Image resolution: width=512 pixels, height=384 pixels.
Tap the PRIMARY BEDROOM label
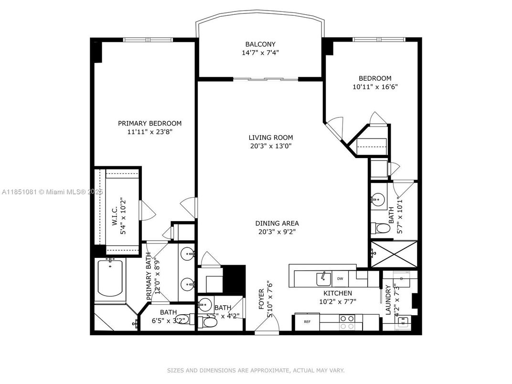149,123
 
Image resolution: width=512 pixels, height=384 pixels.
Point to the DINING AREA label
277,224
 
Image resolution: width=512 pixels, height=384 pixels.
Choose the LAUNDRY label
388,300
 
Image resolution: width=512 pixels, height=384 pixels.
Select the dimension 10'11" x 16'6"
375,87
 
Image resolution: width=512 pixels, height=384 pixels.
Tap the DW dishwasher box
340,278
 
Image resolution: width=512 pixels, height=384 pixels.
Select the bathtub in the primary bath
110,277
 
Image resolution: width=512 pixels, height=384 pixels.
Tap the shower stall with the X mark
394,254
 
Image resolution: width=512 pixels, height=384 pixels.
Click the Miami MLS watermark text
53,192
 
